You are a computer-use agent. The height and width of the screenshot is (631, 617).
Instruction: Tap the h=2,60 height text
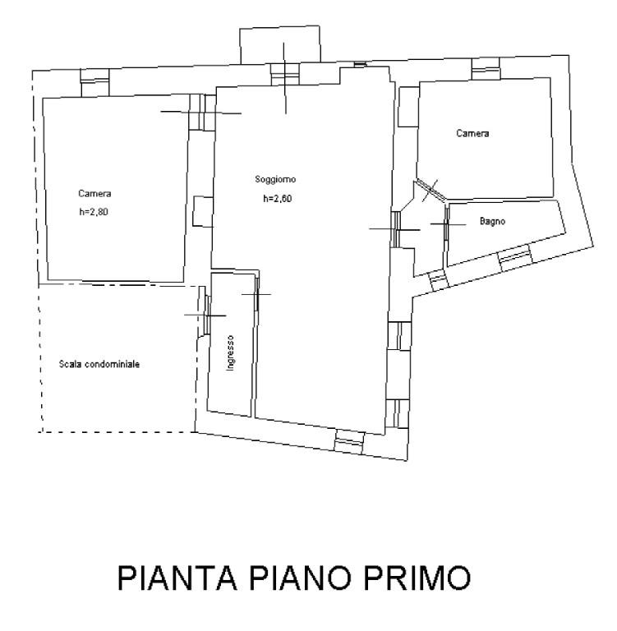(278, 199)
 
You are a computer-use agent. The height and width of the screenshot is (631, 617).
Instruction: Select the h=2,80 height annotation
(94, 212)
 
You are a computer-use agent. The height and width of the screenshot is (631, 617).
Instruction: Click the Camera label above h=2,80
(94, 194)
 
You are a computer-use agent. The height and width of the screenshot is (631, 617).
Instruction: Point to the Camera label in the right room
(472, 133)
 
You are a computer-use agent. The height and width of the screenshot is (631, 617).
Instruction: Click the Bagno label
(492, 222)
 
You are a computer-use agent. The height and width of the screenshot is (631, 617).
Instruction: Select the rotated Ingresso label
(232, 352)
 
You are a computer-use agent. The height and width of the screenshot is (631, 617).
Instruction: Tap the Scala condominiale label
(99, 363)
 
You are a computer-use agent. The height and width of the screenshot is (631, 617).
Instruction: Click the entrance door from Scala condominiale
(205, 315)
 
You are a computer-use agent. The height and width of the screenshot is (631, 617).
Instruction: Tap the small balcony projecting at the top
(279, 44)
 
